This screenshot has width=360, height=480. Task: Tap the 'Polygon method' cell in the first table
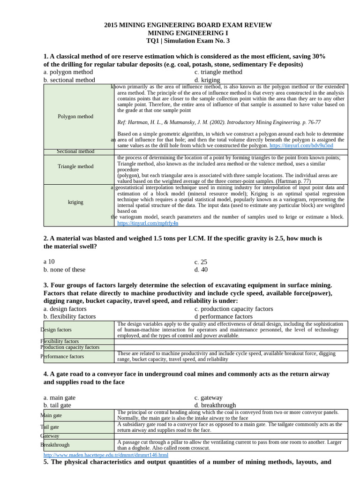point(75,116)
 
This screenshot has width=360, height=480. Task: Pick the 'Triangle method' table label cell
point(75,166)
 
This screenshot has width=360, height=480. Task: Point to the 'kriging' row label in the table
point(75,202)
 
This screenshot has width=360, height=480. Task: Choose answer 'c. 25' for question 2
point(201,262)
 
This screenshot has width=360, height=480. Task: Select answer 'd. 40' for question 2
point(201,270)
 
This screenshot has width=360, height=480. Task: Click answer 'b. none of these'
point(65,270)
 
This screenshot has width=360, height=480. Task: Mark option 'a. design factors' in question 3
point(65,309)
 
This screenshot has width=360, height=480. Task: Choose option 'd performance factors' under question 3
point(223,316)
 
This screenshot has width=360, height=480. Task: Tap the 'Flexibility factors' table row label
point(60,341)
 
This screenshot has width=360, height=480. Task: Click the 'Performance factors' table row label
point(62,356)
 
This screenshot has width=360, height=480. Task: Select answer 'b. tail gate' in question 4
point(57,405)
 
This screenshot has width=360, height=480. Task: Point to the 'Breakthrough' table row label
point(55,445)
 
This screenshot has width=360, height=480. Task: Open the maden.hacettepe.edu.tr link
point(105,455)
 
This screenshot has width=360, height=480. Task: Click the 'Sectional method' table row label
point(75,151)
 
